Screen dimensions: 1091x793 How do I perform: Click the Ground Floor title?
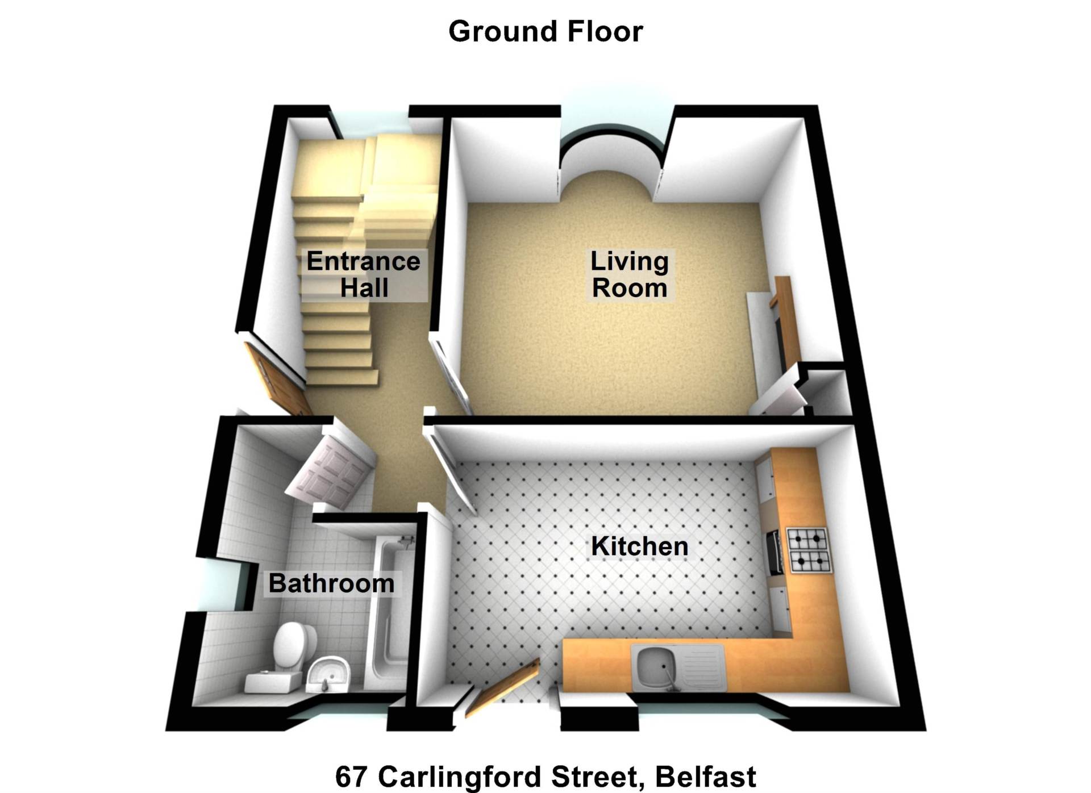(545, 31)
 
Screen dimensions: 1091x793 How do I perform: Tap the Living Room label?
(630, 274)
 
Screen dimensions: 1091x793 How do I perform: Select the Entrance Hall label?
(364, 274)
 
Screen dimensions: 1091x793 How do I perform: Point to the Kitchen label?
(640, 546)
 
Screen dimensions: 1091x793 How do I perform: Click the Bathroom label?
(331, 583)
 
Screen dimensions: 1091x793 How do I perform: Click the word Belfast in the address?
(706, 777)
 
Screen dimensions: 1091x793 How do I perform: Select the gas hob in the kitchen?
(809, 550)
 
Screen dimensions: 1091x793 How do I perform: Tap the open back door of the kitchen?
(502, 689)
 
